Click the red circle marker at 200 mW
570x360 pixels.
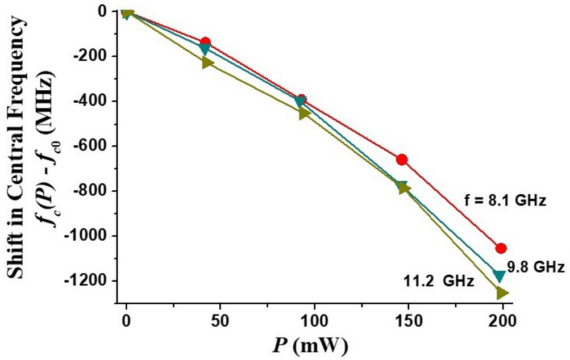click(501, 248)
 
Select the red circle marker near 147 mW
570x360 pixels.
click(402, 160)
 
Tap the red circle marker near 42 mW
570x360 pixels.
click(205, 43)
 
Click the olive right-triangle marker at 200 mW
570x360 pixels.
click(502, 293)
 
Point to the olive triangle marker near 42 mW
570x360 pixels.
click(207, 62)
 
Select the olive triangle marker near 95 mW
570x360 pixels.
click(304, 114)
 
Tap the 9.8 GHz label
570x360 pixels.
click(536, 267)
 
